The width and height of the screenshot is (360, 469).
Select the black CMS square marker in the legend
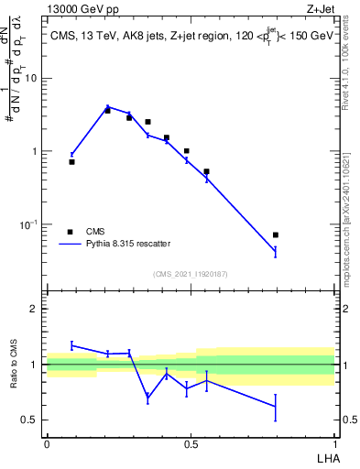[x=70, y=232]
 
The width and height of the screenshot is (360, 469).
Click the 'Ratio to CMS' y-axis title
[x=16, y=365]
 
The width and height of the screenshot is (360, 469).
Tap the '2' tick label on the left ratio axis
[x=35, y=309]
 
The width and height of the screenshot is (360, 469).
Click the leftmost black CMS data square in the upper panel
[x=72, y=161]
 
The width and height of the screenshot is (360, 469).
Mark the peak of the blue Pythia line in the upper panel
[x=108, y=107]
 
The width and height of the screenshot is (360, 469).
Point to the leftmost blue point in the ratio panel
[x=72, y=345]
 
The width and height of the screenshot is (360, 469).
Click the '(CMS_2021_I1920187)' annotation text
[x=190, y=274]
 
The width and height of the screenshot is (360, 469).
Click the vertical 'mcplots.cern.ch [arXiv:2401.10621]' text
[x=351, y=215]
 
